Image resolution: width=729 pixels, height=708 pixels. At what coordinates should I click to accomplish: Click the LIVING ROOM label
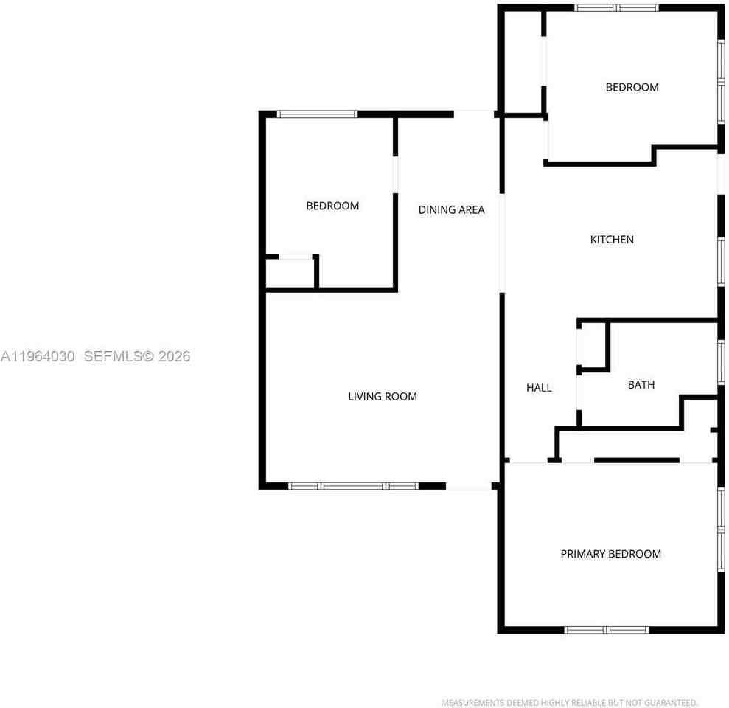point(382,396)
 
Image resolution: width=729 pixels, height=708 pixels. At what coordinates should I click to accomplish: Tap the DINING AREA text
point(451,209)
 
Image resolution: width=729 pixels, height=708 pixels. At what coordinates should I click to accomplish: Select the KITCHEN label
point(612,240)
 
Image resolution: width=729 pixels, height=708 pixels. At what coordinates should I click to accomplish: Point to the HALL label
point(539,387)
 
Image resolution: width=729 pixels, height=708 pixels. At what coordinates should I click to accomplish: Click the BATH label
point(641,385)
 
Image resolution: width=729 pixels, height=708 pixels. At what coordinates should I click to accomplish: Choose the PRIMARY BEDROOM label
point(610,554)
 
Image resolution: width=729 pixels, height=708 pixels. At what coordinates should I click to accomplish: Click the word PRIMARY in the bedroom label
point(582,554)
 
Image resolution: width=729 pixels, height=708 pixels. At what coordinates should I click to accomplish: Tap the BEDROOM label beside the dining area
point(332,206)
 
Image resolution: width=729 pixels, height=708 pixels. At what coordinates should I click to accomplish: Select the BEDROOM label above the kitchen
point(632,87)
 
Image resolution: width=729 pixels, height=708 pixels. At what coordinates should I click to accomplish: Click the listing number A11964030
point(38,356)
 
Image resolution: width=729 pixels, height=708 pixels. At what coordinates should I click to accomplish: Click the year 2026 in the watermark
point(175,356)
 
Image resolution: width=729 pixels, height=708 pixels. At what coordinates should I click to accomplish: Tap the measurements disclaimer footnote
point(570,702)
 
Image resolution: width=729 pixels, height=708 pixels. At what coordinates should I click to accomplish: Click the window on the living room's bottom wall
point(353,486)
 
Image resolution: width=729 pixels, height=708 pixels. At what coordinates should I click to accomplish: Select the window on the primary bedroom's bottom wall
point(606,630)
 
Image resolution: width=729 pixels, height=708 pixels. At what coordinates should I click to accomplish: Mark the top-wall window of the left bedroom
point(318,114)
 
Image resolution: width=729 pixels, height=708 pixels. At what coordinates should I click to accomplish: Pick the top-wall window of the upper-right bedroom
point(616,7)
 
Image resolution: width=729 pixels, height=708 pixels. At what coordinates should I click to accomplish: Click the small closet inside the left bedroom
point(290,274)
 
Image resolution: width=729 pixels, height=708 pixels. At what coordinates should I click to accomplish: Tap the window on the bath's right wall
point(721,362)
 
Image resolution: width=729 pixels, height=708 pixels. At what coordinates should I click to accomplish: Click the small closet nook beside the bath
point(593,345)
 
